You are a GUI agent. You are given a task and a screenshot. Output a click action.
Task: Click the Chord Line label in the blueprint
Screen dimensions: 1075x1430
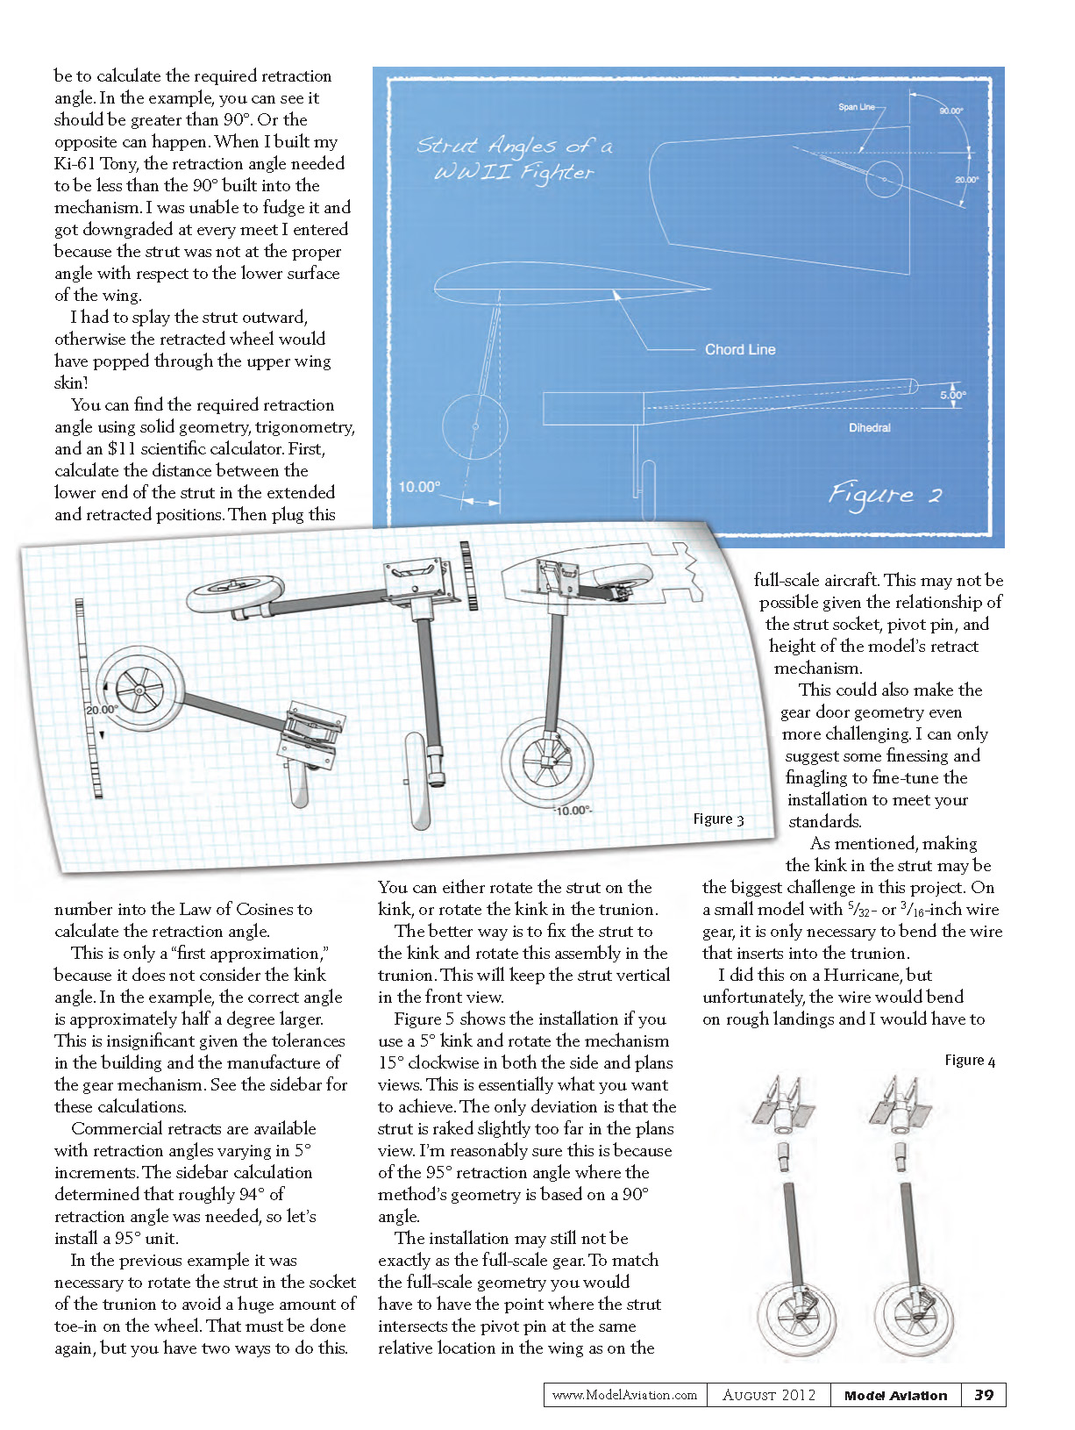tap(740, 349)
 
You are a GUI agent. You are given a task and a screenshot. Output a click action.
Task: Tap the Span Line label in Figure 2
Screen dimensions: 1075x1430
tap(856, 107)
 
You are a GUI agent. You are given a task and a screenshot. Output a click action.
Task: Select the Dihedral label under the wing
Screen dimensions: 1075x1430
tap(869, 427)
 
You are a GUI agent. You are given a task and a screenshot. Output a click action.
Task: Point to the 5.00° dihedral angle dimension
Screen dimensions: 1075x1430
tap(952, 395)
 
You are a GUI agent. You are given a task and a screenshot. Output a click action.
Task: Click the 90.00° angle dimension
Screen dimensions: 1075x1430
tap(950, 111)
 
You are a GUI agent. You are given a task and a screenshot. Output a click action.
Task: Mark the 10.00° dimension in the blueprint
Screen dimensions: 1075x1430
tap(418, 487)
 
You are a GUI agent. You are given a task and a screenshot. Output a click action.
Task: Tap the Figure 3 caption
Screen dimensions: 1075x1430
tap(717, 819)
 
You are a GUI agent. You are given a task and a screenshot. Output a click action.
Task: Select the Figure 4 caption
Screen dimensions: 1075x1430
tap(970, 1060)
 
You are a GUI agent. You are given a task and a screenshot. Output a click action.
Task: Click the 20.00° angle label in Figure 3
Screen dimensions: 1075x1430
tap(102, 710)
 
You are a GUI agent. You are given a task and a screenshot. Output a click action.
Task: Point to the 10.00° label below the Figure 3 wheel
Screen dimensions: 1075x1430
tap(572, 811)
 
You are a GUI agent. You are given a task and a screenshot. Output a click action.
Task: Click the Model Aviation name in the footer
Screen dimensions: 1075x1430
tap(895, 1395)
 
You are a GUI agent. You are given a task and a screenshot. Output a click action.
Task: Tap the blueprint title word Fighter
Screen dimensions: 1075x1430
tap(557, 172)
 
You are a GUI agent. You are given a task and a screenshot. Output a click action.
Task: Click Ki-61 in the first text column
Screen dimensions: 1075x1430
tap(75, 163)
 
